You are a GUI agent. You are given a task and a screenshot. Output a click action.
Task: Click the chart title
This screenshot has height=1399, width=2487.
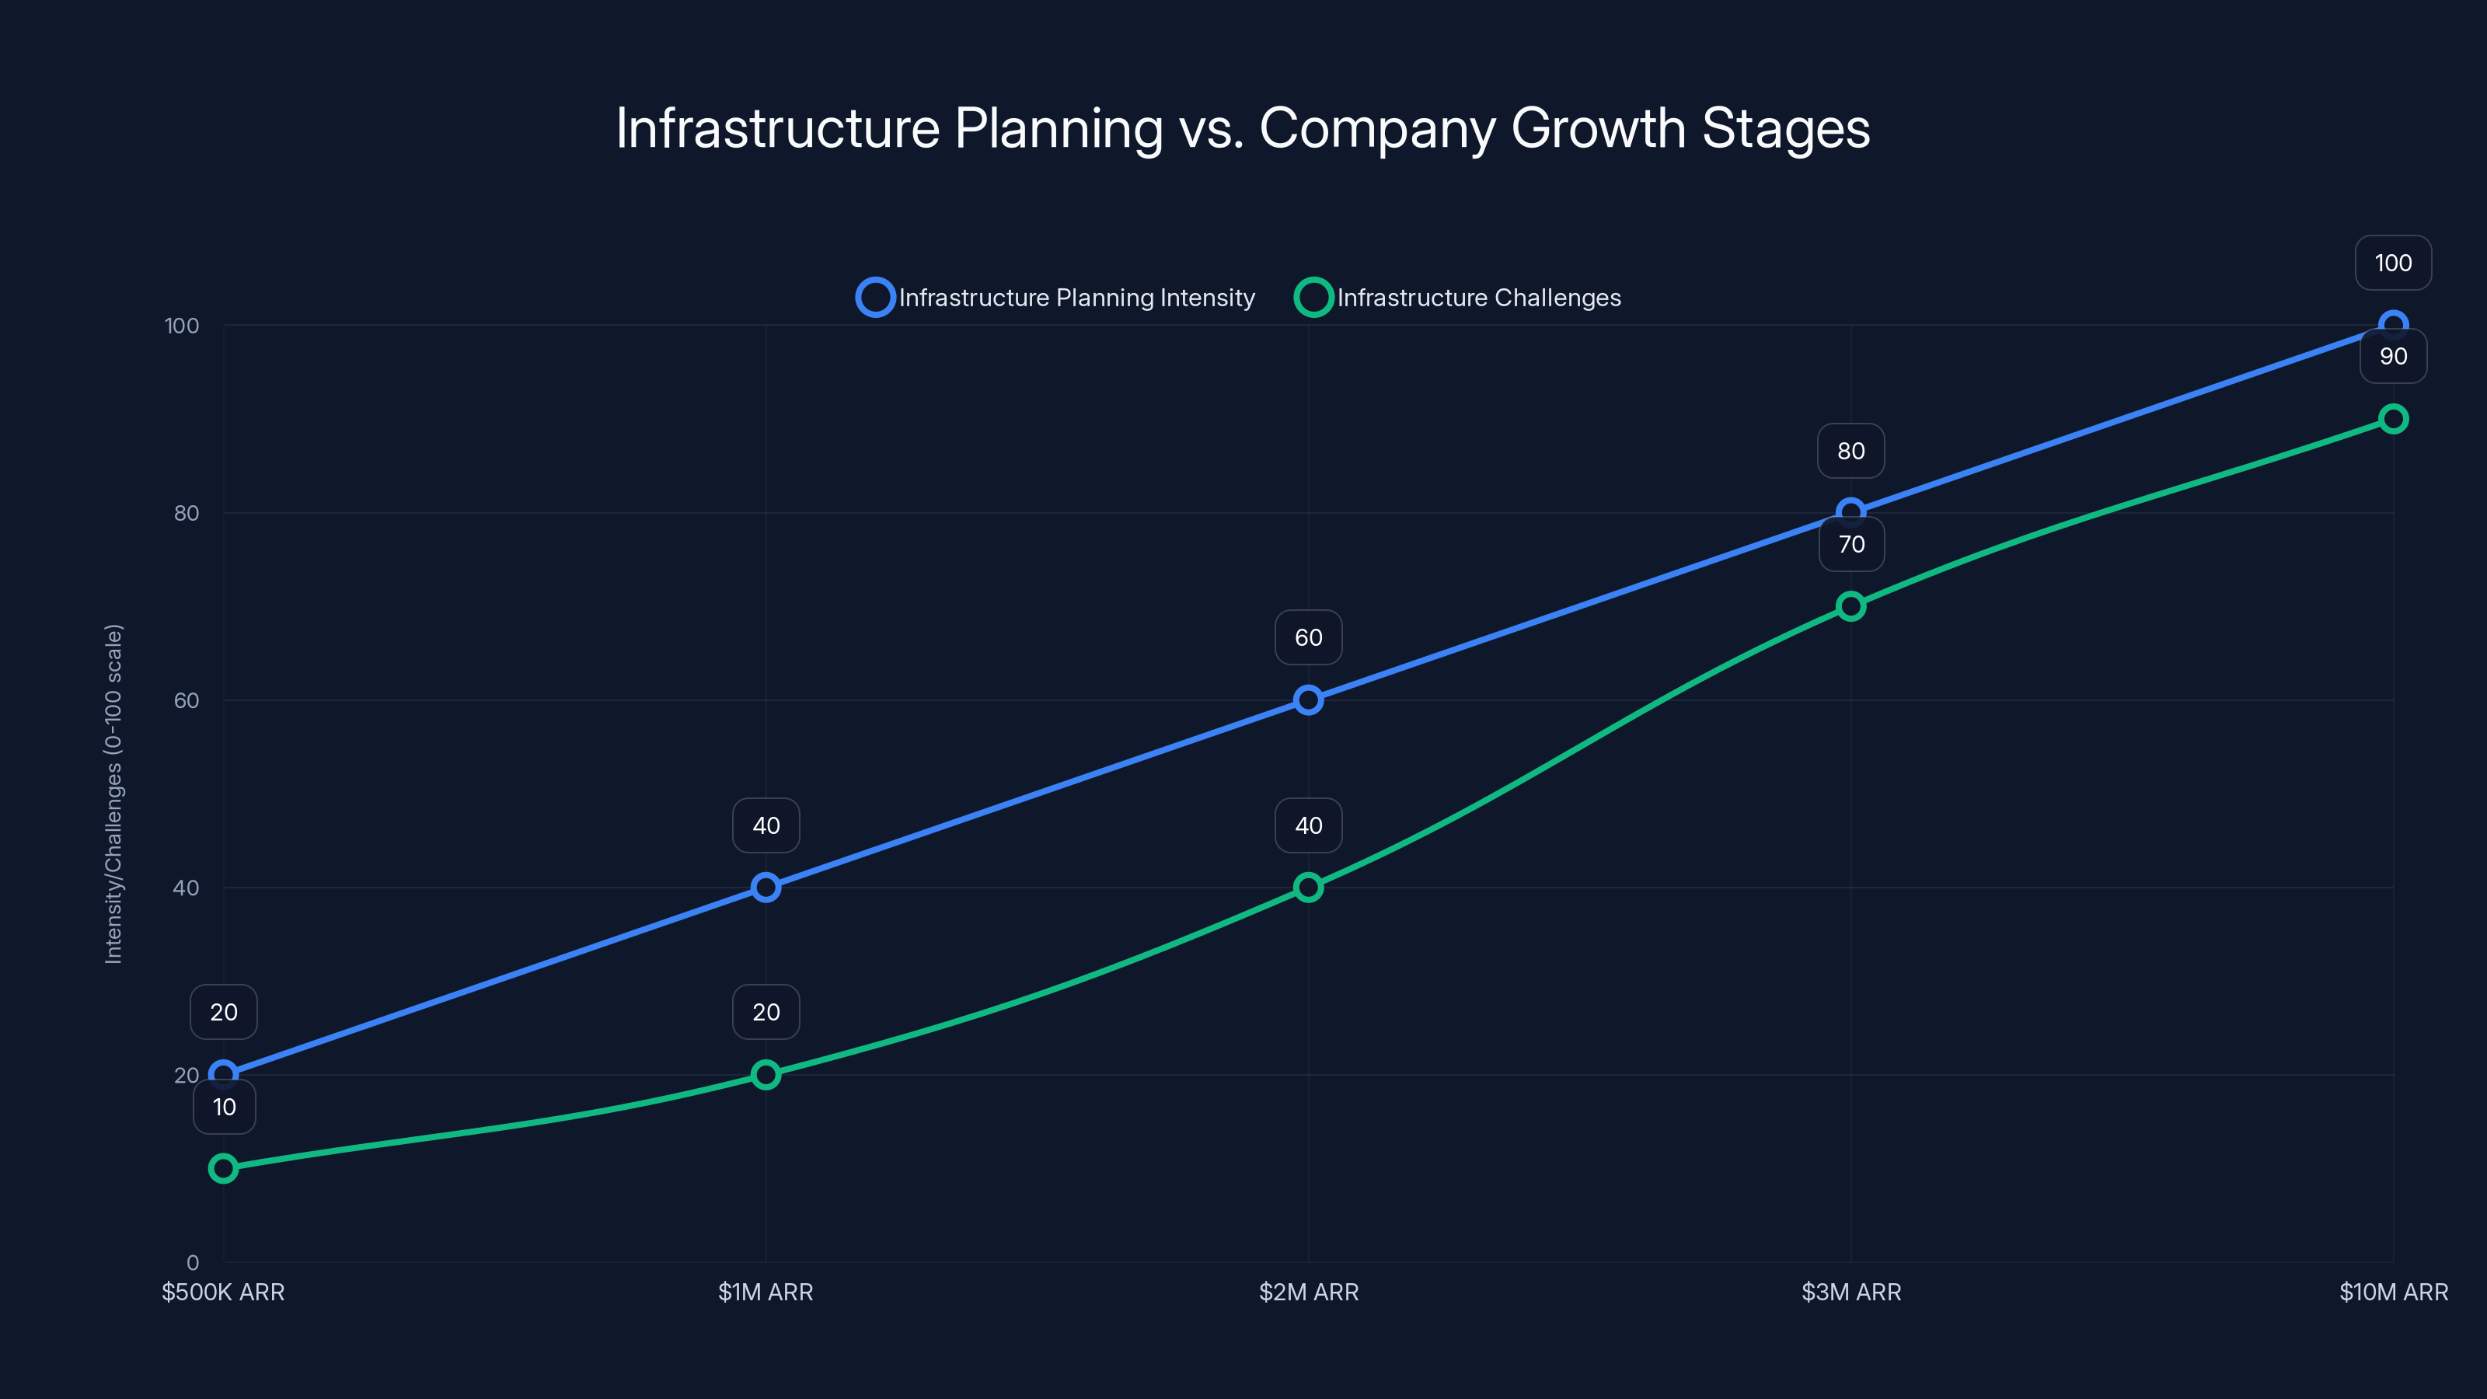(1243, 128)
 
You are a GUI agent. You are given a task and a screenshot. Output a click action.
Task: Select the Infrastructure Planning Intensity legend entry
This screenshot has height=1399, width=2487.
(1056, 298)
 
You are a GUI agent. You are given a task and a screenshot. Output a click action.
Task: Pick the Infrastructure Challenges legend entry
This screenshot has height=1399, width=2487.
(1458, 298)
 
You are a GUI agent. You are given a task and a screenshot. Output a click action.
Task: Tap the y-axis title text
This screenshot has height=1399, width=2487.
(114, 794)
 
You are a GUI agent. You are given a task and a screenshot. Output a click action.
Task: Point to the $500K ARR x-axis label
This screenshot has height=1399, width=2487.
(223, 1292)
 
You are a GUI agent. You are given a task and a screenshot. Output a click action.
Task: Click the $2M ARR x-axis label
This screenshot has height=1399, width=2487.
(1308, 1292)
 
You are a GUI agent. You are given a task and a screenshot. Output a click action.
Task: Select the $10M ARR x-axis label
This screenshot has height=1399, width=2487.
(2392, 1292)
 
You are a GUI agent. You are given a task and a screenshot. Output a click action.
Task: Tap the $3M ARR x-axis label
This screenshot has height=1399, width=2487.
(1850, 1292)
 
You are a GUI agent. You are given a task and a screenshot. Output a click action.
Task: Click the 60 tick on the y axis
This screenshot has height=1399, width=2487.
(187, 700)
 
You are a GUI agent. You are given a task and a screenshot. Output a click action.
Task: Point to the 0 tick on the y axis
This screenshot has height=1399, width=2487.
(192, 1262)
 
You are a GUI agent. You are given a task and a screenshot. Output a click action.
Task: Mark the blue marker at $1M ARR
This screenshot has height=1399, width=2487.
(766, 888)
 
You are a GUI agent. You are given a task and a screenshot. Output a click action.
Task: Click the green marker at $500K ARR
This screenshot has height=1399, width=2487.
(223, 1168)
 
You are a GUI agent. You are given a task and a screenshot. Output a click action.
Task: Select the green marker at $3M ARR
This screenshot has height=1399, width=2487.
(1850, 606)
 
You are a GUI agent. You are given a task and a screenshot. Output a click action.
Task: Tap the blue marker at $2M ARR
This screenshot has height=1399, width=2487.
(1308, 700)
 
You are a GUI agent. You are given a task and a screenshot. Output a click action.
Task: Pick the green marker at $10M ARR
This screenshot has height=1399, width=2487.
(2392, 419)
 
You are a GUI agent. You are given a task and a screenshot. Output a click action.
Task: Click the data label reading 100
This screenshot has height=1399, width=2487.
(2392, 263)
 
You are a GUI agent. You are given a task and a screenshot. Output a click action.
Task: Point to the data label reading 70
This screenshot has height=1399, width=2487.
(1850, 545)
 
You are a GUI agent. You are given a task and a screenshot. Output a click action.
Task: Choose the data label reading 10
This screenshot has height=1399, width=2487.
(224, 1107)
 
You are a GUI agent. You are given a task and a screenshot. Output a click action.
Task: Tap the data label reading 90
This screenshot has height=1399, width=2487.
(2392, 356)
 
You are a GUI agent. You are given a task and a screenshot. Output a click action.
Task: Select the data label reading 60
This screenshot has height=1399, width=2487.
(1308, 637)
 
